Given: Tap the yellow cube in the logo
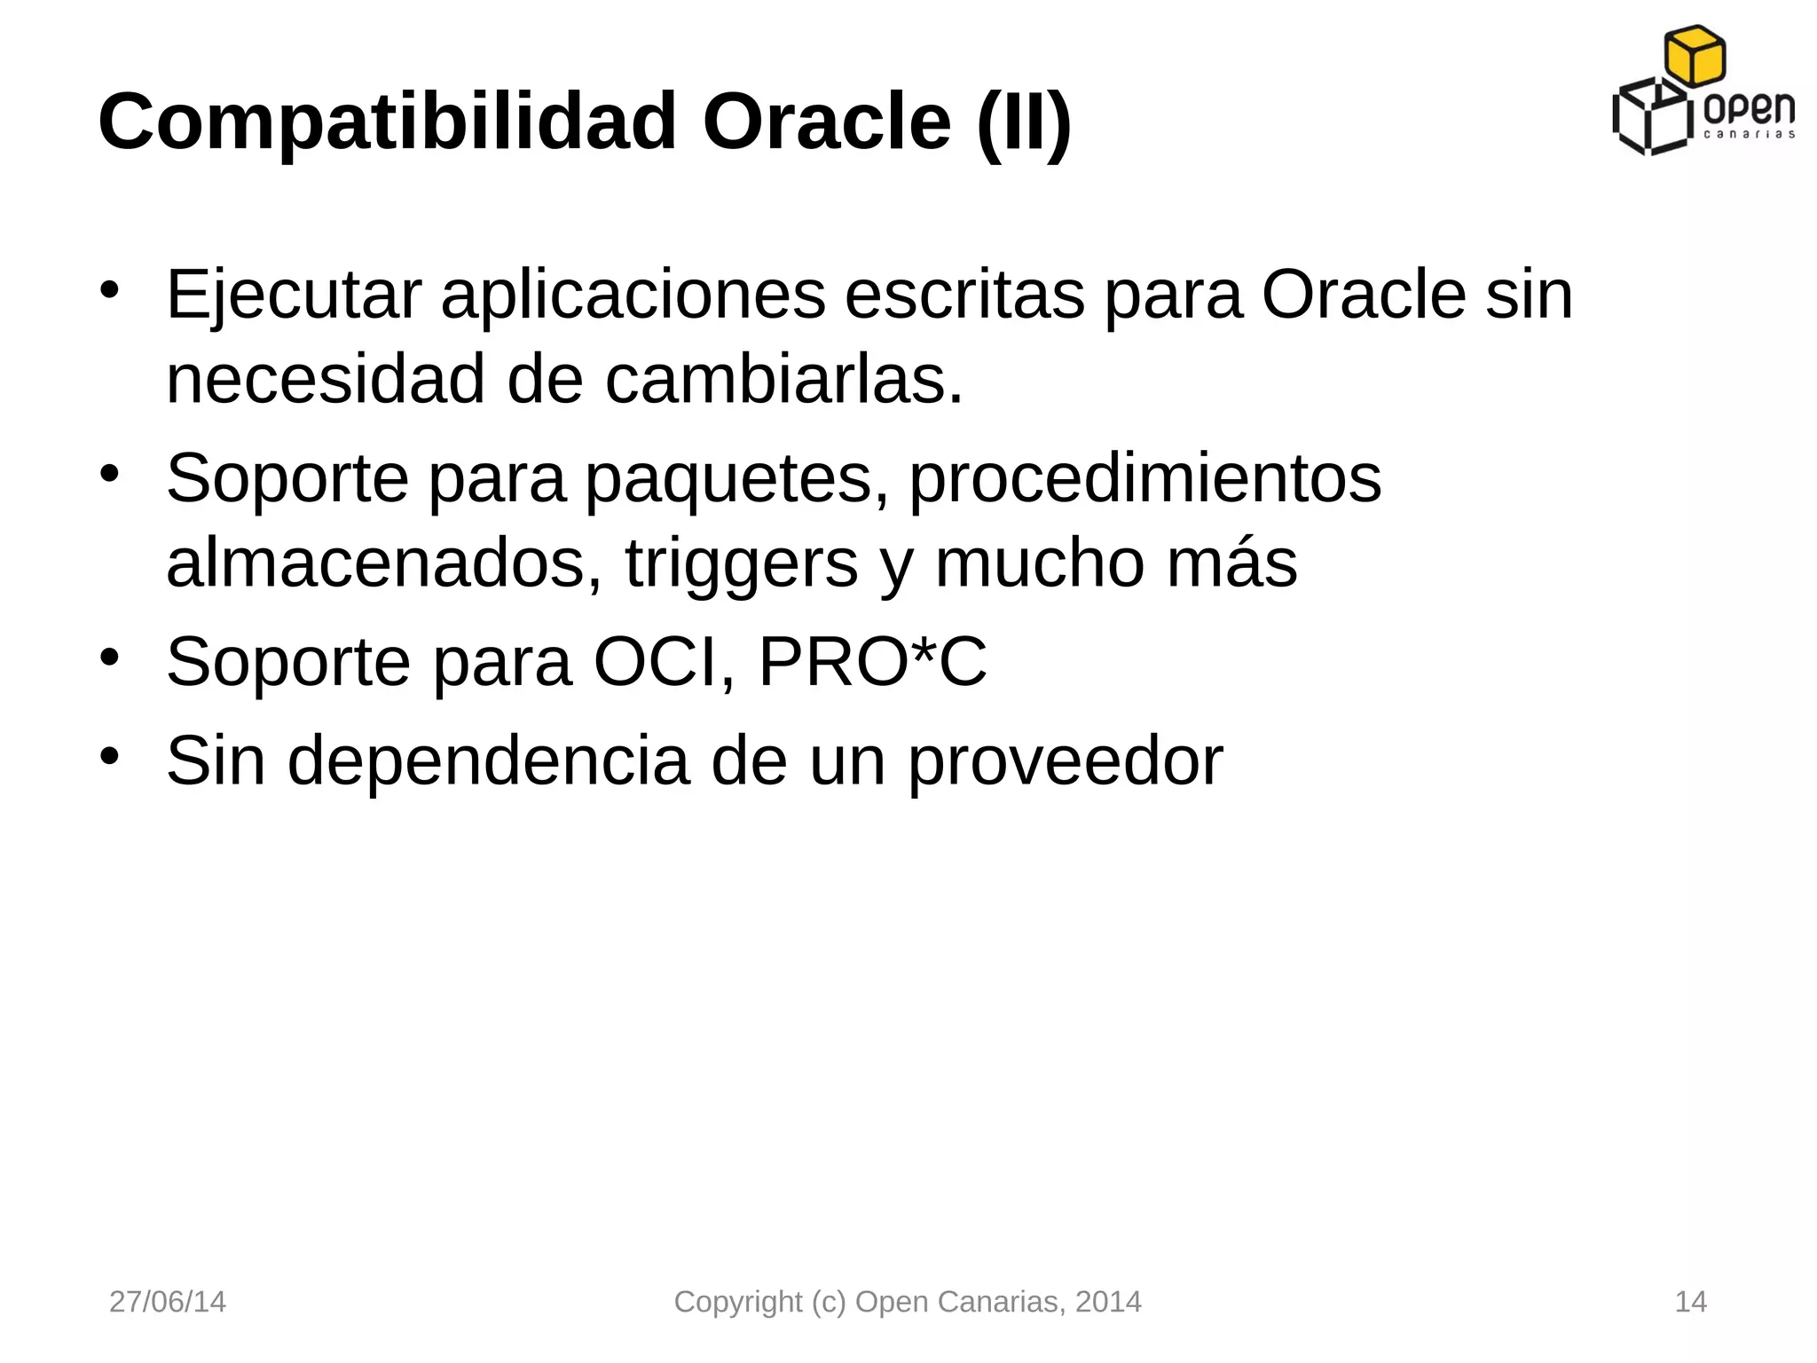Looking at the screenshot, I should (1695, 56).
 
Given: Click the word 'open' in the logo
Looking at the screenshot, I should (1750, 110).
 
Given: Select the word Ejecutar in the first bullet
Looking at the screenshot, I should (293, 295).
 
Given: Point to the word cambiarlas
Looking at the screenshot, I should (784, 380).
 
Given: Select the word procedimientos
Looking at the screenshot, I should (1144, 479).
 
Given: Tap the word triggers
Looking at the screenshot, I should (742, 564).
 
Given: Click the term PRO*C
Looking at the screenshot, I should (872, 662).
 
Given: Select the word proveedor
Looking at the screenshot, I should (1066, 761).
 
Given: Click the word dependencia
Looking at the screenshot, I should (488, 760).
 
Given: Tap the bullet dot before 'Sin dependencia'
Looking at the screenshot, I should (109, 756).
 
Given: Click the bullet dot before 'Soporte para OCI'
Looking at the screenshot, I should (109, 658).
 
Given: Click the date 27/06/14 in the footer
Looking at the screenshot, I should (168, 1302).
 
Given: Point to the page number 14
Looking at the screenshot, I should (1690, 1302).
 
